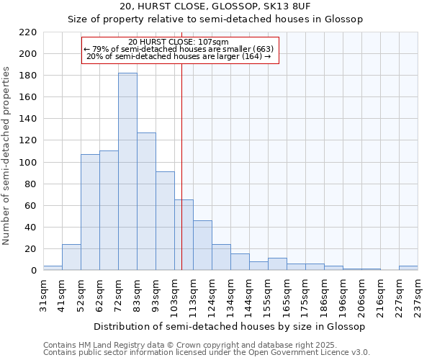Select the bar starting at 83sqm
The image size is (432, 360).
146,202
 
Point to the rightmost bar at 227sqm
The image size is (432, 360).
408,269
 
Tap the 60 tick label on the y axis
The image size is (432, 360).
31,206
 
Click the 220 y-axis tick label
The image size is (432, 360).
28,32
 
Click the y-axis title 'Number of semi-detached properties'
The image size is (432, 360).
7,156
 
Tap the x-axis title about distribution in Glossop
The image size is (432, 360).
230,326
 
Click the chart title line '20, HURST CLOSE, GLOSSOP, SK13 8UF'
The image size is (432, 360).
216,6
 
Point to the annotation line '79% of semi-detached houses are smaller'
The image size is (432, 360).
179,49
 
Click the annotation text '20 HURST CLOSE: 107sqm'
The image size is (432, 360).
178,42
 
